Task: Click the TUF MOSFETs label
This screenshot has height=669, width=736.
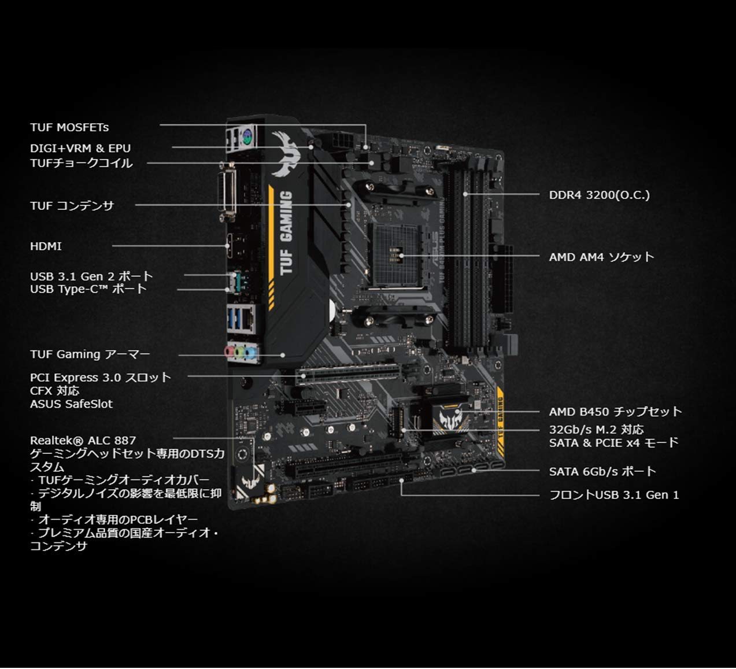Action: point(69,127)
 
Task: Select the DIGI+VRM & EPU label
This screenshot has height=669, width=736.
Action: point(80,148)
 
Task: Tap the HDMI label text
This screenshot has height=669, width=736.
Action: point(46,246)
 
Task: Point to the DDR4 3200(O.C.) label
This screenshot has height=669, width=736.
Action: point(599,195)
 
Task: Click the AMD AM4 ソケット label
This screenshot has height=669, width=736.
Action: point(601,257)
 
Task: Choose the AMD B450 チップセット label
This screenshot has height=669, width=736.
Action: point(615,412)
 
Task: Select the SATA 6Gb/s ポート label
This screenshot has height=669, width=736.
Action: point(602,471)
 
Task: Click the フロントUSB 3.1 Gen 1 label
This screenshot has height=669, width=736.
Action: point(614,495)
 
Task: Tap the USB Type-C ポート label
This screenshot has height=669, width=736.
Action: point(88,289)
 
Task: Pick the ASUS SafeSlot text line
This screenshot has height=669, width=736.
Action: point(71,404)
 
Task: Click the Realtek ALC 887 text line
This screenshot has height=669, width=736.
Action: point(83,441)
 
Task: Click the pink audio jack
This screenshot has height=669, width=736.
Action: point(230,352)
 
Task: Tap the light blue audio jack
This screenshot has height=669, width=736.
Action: point(250,354)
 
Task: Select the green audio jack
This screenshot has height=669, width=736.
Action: point(239,353)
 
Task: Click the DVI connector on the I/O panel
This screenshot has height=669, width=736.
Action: point(227,192)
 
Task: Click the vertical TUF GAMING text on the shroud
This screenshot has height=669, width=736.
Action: point(286,232)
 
